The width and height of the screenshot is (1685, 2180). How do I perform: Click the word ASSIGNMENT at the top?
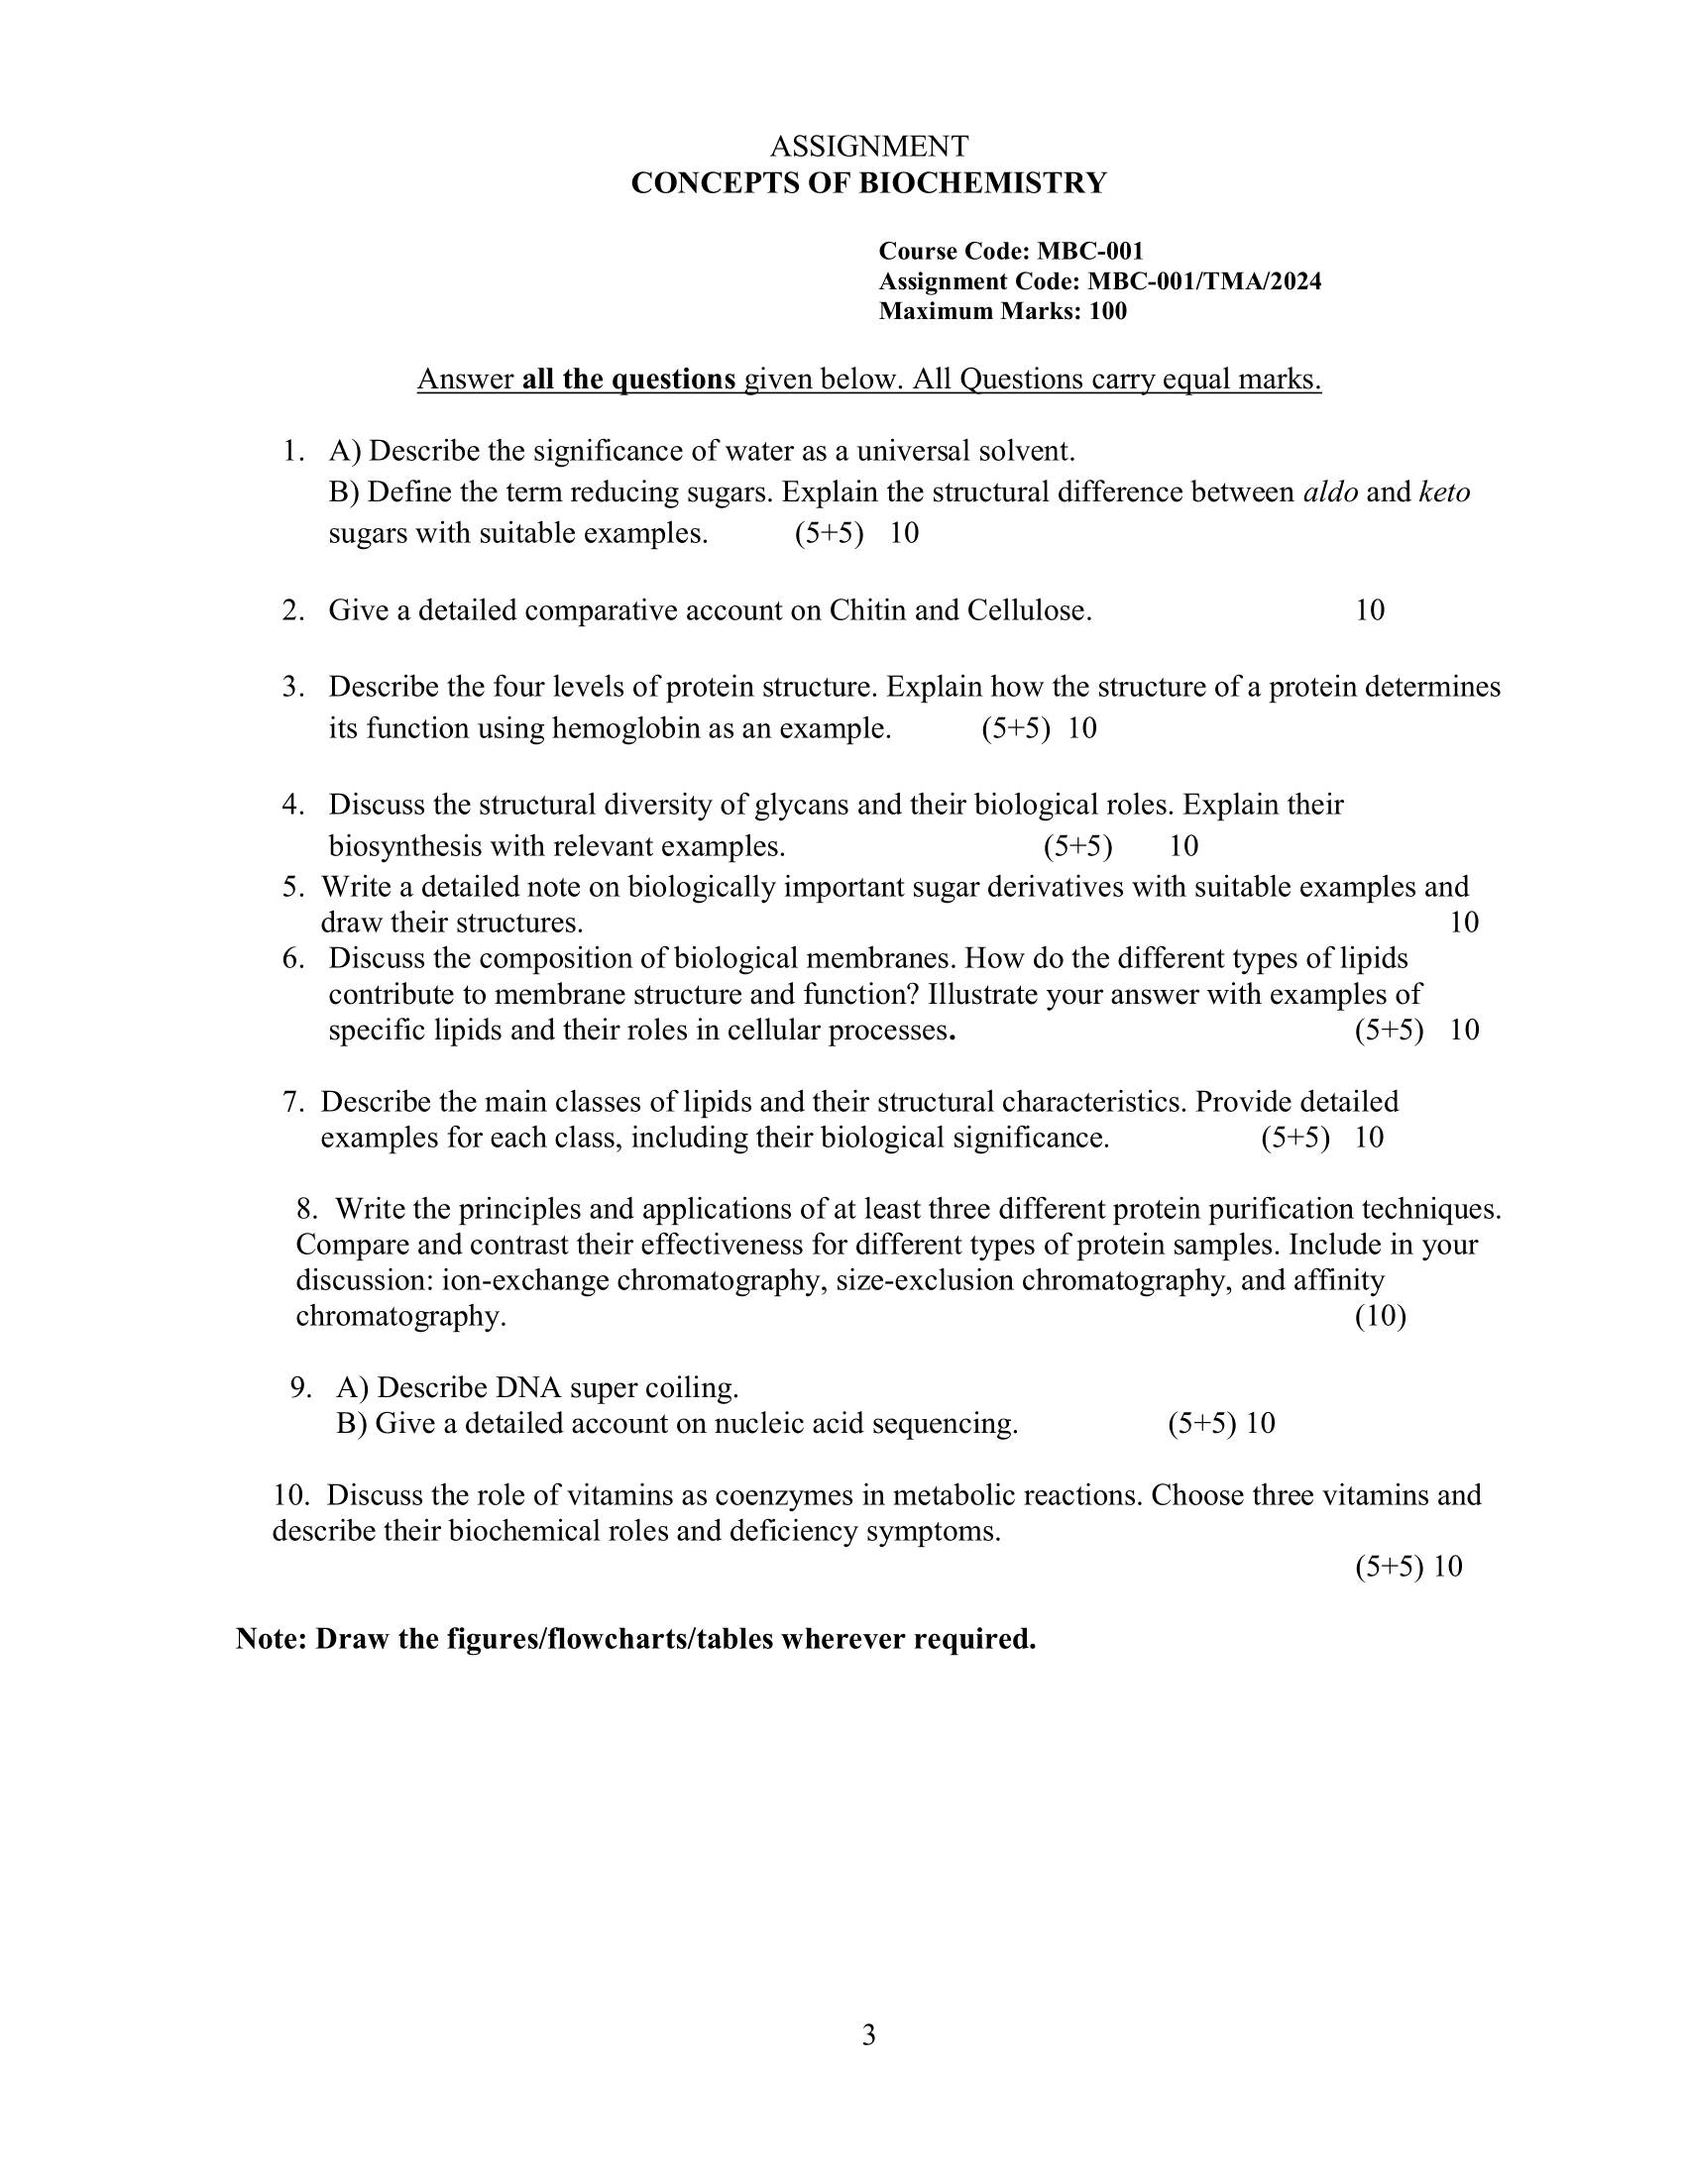pos(868,147)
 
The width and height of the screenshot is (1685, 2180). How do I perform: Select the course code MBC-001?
pos(1090,252)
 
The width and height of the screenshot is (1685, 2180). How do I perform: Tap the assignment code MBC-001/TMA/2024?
pos(1204,281)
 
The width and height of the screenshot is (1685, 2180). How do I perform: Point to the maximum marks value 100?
pos(1108,311)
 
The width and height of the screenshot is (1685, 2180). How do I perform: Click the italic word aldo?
pos(1330,492)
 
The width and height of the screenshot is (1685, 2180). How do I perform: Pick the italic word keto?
pos(1443,492)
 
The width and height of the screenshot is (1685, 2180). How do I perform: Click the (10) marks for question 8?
pos(1380,1317)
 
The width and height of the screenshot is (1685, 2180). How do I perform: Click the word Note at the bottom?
pos(270,1639)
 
